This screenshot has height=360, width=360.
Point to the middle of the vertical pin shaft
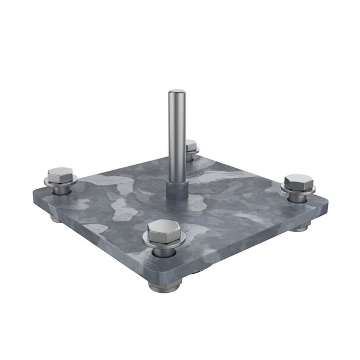tap(176, 137)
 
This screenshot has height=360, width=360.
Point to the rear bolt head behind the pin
tap(191, 145)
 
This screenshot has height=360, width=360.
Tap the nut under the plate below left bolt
tap(55, 218)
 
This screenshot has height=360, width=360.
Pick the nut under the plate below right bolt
tap(302, 226)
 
